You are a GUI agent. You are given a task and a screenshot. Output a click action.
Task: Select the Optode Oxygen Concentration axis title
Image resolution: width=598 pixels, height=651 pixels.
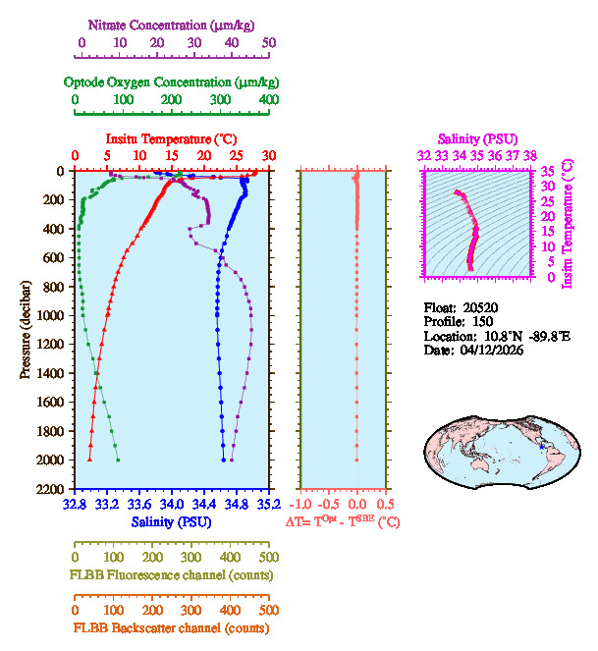(x=171, y=81)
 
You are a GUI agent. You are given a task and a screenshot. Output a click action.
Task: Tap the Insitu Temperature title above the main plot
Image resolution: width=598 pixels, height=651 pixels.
(x=171, y=139)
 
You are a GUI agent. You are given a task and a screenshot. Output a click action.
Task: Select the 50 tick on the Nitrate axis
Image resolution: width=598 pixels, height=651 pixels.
(x=269, y=43)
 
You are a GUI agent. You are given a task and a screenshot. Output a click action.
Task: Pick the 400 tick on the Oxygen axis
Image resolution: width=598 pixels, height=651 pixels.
(x=269, y=100)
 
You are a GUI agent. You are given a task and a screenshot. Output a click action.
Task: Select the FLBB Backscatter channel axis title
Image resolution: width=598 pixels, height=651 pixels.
(x=171, y=628)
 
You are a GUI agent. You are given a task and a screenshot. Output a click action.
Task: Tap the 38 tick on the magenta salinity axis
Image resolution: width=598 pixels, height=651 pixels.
(x=530, y=155)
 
